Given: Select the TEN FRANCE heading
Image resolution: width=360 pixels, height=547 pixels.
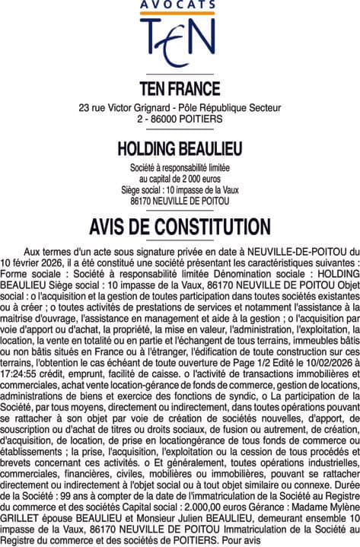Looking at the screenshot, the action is (180, 88).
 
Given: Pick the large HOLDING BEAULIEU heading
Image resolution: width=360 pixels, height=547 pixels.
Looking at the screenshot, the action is (180, 147).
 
